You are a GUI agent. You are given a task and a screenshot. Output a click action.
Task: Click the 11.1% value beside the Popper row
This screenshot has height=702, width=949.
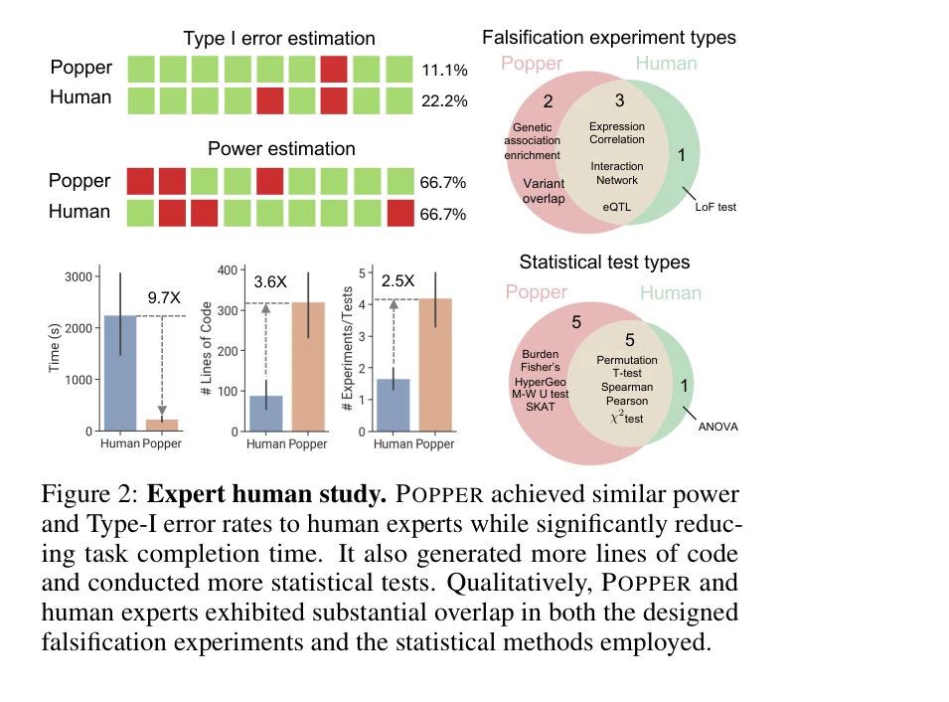click(442, 72)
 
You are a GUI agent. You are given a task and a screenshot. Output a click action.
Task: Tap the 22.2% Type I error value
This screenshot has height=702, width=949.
click(442, 101)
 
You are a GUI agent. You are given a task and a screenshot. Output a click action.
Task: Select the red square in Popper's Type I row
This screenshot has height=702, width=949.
click(334, 70)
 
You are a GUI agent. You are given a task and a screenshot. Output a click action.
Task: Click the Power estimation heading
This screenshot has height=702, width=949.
click(281, 149)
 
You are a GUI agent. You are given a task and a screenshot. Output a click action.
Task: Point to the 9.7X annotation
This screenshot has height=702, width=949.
click(164, 297)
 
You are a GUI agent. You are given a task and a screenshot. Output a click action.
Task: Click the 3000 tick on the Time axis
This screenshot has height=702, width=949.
click(80, 276)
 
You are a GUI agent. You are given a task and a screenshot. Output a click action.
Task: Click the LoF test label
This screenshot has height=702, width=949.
click(715, 208)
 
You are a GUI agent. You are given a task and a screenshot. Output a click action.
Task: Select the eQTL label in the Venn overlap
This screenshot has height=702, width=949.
click(617, 206)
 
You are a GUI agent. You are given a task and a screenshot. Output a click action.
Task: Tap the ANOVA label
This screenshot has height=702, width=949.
click(717, 428)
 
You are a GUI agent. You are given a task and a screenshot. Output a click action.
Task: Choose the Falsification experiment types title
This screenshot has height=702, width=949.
click(608, 38)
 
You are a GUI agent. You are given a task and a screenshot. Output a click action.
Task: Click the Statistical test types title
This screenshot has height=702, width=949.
click(604, 263)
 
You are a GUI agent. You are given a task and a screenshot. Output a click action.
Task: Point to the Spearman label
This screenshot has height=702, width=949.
click(627, 387)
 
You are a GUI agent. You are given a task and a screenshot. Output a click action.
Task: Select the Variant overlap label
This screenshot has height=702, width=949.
click(544, 191)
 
